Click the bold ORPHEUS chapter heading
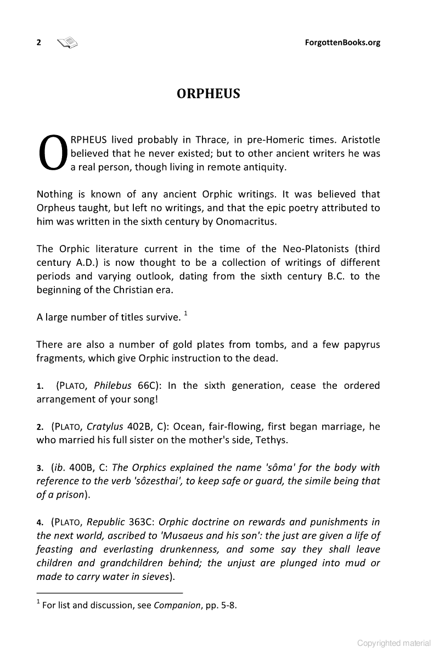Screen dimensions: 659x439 (x=209, y=94)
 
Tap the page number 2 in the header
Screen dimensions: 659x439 (x=39, y=43)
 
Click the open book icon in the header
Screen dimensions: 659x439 (x=67, y=42)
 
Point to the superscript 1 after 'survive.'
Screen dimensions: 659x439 (x=186, y=314)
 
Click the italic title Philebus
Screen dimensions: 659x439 (x=113, y=386)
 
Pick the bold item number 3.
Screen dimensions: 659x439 (x=40, y=468)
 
